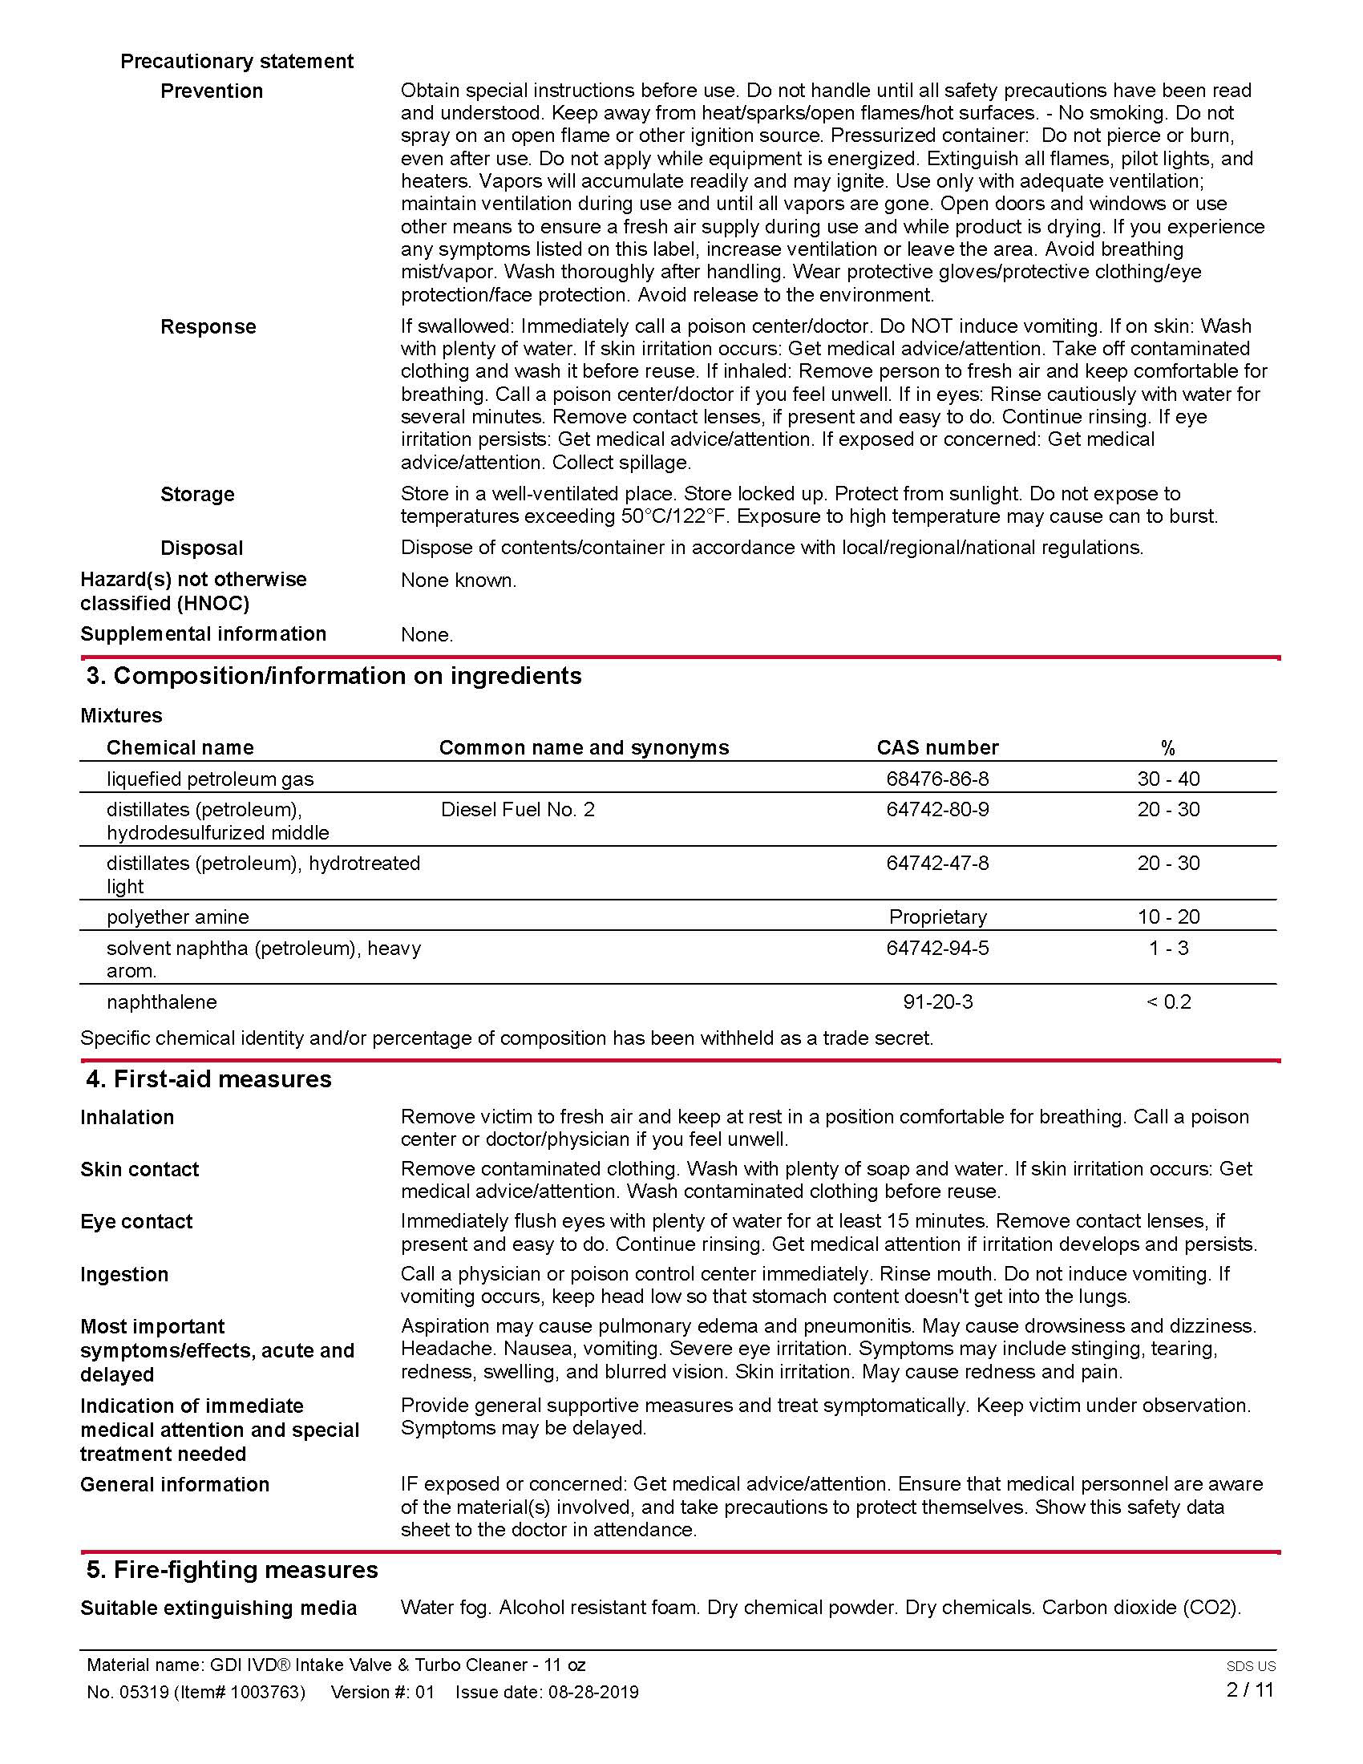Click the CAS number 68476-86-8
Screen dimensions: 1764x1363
(x=936, y=779)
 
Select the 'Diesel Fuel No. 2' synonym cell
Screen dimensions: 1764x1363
(x=518, y=809)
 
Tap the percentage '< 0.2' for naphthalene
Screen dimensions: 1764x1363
(x=1168, y=1001)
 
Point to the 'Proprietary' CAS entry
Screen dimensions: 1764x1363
(x=937, y=916)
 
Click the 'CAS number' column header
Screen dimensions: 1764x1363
(x=937, y=747)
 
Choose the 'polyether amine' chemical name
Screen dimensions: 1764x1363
(x=178, y=916)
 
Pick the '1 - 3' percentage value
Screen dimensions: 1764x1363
(x=1168, y=948)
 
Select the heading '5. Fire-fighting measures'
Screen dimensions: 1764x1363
(x=233, y=1569)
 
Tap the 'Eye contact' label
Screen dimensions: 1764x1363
(x=136, y=1221)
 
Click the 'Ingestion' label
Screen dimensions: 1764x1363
(x=124, y=1274)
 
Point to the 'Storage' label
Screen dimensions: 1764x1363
(x=198, y=494)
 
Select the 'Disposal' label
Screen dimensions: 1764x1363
(x=202, y=548)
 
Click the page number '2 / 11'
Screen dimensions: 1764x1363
(x=1249, y=1689)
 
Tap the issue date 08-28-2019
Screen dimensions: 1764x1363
(x=593, y=1692)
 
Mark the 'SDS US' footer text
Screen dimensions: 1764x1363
(x=1251, y=1665)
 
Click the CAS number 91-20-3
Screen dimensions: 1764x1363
(x=937, y=1001)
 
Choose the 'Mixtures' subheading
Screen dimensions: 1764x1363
(x=121, y=714)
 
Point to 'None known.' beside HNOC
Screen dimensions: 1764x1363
(x=458, y=580)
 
